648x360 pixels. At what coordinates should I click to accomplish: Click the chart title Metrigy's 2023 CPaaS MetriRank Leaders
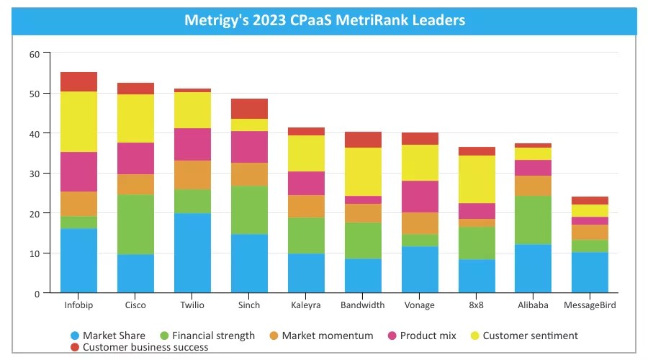click(324, 20)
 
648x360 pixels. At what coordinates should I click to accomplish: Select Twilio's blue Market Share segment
click(192, 253)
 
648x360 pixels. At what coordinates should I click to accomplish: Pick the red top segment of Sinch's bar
click(249, 109)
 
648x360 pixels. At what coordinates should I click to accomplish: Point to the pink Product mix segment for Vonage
click(420, 197)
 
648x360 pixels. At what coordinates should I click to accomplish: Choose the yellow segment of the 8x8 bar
click(477, 179)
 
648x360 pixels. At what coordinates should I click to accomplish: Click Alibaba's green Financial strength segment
click(534, 220)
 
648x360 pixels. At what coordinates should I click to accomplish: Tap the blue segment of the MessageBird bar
click(590, 273)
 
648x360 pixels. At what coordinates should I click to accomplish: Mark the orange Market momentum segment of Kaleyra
click(306, 207)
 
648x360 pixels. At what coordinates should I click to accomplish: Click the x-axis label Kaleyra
click(306, 305)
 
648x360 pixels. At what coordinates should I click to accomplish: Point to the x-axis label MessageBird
click(590, 305)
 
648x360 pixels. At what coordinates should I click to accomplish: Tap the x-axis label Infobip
click(78, 305)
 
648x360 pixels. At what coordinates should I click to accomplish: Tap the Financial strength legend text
click(214, 336)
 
